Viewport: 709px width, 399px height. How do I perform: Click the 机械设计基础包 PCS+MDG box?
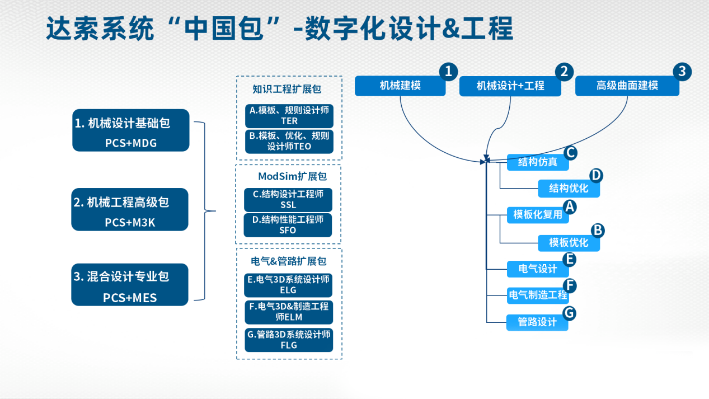click(130, 130)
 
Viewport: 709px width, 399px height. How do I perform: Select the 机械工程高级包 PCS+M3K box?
click(130, 210)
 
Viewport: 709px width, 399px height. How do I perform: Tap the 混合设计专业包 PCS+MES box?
click(130, 285)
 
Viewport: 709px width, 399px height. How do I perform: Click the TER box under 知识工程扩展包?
click(289, 115)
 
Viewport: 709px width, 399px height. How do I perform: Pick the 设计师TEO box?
click(289, 142)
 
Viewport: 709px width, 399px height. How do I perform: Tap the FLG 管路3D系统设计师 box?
click(288, 340)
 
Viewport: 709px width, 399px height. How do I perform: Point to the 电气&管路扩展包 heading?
click(288, 261)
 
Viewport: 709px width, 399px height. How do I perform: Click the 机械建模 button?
click(400, 86)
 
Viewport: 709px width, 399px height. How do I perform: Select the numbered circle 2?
click(564, 72)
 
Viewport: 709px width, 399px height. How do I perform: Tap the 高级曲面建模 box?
click(627, 86)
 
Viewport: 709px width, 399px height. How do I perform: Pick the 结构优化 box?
click(569, 188)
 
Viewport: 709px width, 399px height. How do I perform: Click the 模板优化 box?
click(569, 243)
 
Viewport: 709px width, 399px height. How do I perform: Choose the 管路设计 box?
click(537, 322)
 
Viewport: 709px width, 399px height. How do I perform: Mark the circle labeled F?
click(569, 285)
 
